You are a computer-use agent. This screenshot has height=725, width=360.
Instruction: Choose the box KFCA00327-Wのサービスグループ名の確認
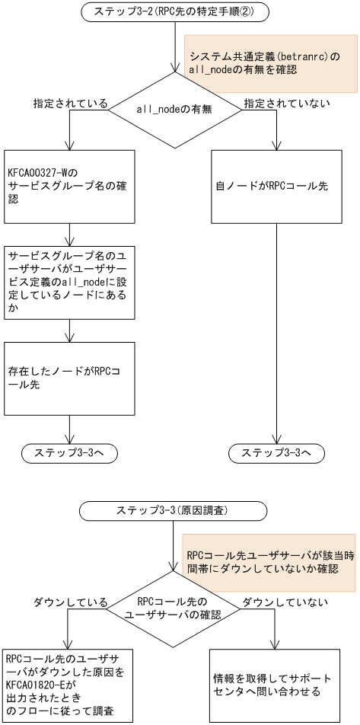coord(70,186)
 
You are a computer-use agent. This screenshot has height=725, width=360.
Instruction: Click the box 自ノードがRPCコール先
coord(276,186)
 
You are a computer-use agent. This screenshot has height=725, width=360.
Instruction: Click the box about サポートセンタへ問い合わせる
coord(276,682)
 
